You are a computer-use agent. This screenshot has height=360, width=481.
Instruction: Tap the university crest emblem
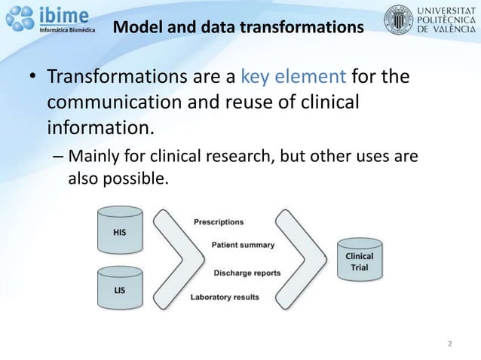[x=399, y=19]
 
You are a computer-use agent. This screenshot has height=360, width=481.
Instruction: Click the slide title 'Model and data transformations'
[x=237, y=29]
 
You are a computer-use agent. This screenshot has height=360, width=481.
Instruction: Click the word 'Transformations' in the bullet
[x=104, y=77]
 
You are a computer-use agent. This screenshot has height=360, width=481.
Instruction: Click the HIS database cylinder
[x=120, y=233]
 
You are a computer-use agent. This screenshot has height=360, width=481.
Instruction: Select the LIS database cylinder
[x=120, y=288]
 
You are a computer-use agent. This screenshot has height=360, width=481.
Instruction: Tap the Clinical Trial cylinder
[x=359, y=261]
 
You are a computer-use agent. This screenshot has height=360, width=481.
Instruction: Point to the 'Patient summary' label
[x=243, y=245]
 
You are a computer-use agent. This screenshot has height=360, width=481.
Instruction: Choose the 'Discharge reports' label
[x=247, y=273]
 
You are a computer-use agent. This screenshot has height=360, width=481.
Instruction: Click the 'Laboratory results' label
[x=225, y=297]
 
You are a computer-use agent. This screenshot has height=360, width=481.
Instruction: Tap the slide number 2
[x=449, y=344]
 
